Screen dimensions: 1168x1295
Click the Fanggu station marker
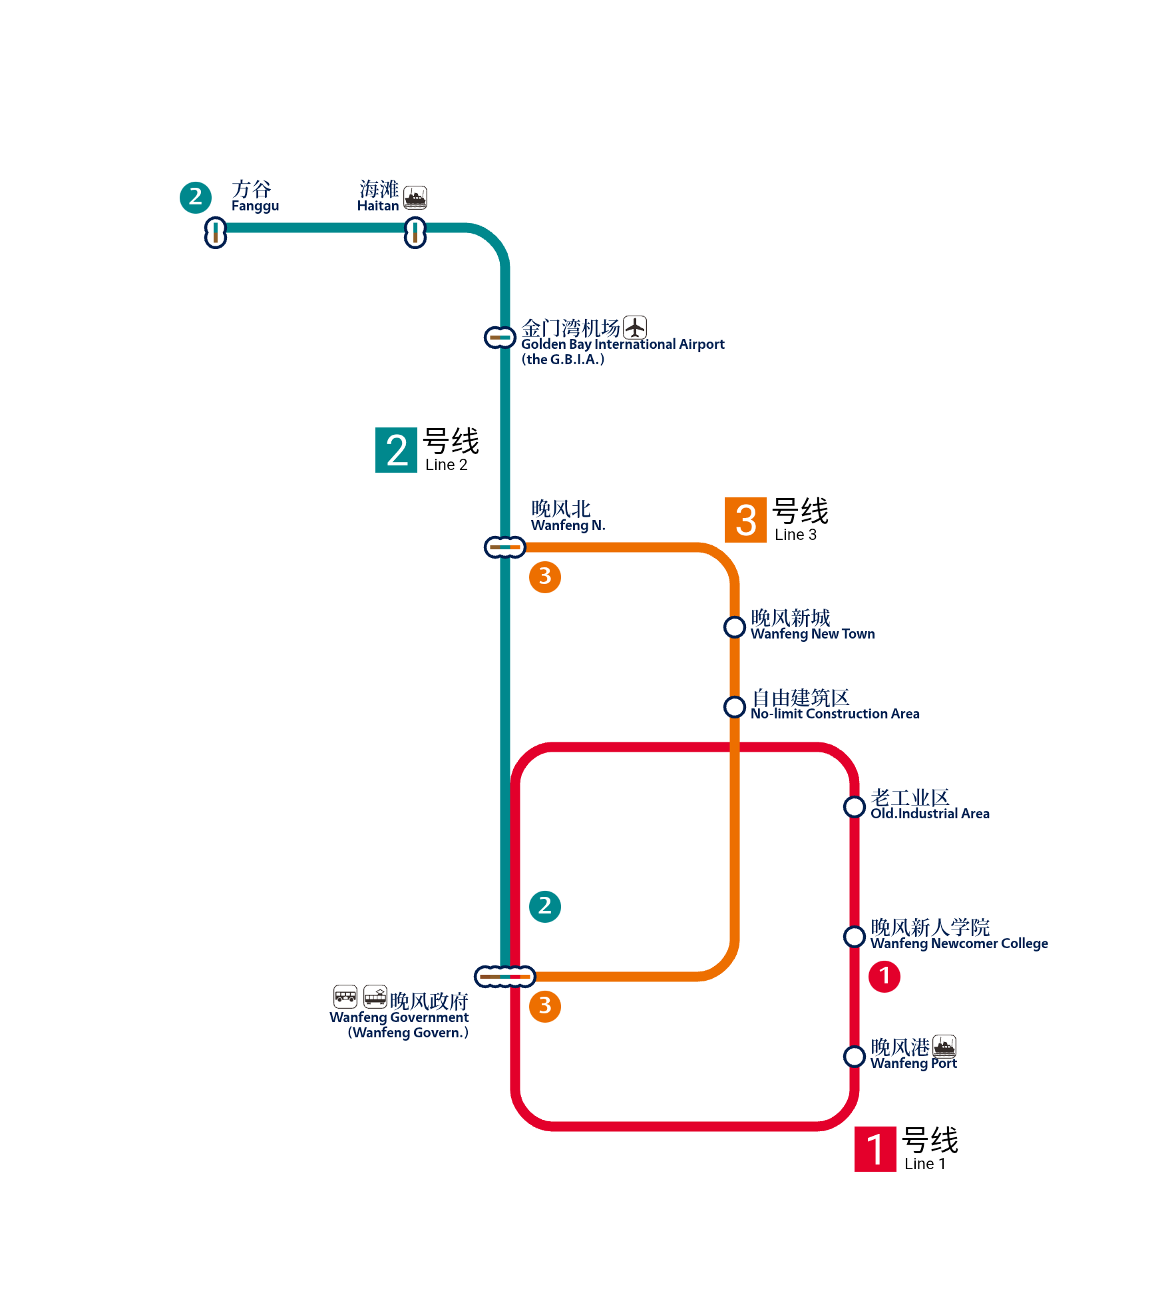click(x=215, y=232)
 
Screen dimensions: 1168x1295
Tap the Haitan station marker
click(x=415, y=232)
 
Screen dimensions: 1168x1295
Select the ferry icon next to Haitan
click(x=415, y=197)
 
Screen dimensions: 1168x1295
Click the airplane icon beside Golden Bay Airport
click(x=635, y=327)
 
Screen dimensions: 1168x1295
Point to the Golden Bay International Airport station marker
click(x=500, y=338)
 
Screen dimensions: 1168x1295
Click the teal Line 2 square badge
click(x=396, y=450)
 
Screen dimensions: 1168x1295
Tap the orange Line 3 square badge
click(x=745, y=520)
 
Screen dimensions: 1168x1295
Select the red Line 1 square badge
click(x=875, y=1149)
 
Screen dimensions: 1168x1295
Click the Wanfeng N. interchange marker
click(x=505, y=547)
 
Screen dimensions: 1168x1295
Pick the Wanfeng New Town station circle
click(x=735, y=627)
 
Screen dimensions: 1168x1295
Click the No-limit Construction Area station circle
click(x=735, y=706)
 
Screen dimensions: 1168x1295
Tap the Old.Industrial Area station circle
click(x=855, y=806)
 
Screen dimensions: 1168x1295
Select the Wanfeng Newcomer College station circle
click(x=855, y=936)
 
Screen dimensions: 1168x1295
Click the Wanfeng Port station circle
click(x=855, y=1056)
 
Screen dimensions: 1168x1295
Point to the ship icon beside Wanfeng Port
click(x=944, y=1047)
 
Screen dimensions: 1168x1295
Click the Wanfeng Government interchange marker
click(x=505, y=977)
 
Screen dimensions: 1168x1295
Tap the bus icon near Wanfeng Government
click(x=345, y=997)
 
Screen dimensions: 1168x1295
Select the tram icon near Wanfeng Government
click(x=375, y=997)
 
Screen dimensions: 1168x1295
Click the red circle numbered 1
click(x=884, y=977)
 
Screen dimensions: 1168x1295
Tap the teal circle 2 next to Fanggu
click(x=196, y=197)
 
